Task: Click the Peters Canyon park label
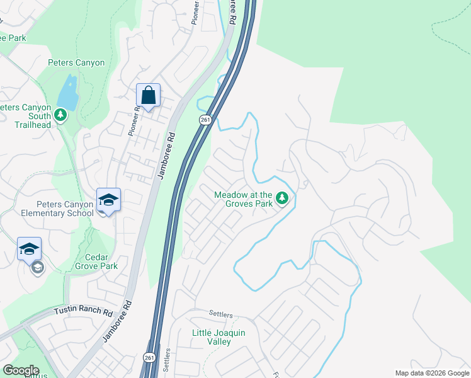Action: pos(76,62)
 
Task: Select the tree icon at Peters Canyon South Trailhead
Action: pos(60,115)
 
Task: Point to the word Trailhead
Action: pos(33,125)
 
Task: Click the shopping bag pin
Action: pos(148,96)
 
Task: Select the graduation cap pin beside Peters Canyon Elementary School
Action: pos(108,200)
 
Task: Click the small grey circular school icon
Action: pos(37,268)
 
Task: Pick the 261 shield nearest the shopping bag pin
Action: pos(205,120)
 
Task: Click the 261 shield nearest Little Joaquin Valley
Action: pos(149,357)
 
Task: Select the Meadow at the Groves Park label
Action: pos(243,200)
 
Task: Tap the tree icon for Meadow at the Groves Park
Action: pos(283,199)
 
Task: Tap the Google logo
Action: pos(20,370)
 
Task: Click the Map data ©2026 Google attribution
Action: pos(431,373)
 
